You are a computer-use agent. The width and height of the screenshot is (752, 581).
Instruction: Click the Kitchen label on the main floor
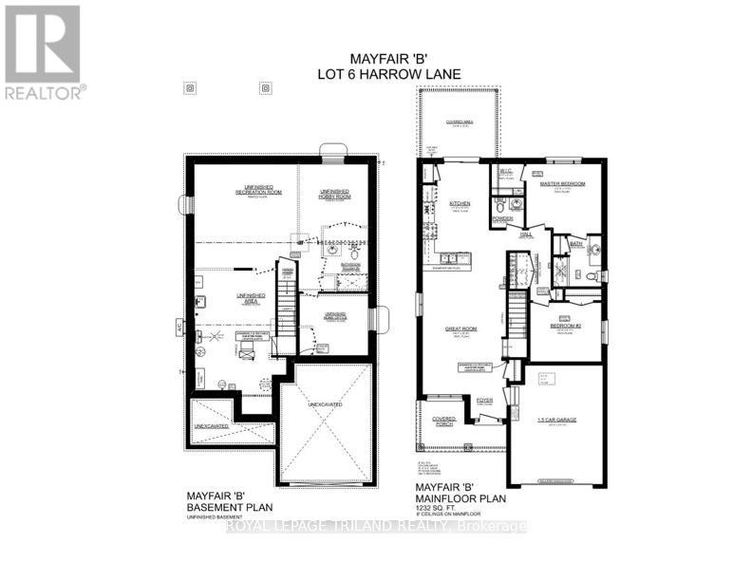(x=461, y=203)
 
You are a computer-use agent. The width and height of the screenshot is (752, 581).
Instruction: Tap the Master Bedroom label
(x=562, y=183)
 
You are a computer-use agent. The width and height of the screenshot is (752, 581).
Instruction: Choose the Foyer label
(x=485, y=400)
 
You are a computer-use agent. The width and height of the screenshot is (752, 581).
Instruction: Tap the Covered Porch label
(x=443, y=419)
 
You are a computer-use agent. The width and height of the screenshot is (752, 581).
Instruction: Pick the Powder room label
(x=502, y=220)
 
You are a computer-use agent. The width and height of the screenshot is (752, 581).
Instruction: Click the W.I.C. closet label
(x=505, y=172)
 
